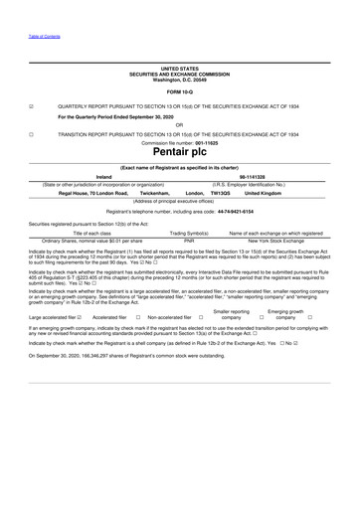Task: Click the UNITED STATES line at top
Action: (x=180, y=70)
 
